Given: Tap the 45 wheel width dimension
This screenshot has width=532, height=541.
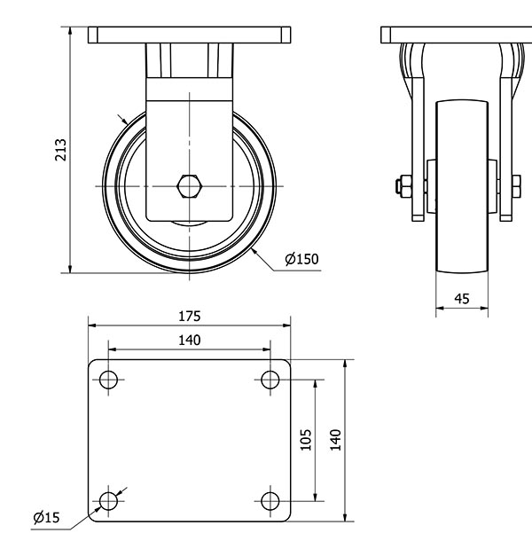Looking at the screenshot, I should tap(461, 299).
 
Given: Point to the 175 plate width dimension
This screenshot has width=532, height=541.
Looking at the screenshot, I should tap(190, 316).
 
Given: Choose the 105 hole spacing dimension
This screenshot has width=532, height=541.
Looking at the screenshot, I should tap(306, 440).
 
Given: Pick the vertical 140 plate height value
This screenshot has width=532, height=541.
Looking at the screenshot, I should tap(335, 440).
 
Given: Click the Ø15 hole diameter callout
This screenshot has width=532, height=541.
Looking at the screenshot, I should tap(46, 517).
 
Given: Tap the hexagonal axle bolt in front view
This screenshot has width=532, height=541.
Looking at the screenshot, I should tap(190, 186).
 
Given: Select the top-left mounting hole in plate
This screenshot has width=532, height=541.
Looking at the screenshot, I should tap(108, 380).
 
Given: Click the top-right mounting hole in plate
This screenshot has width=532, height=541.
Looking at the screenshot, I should tap(270, 380).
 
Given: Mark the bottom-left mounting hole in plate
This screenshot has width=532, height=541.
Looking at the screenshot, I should tap(108, 501).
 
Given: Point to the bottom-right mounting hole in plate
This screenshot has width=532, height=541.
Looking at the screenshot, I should tap(270, 501).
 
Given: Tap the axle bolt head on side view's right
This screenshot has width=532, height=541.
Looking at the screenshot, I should tap(515, 186).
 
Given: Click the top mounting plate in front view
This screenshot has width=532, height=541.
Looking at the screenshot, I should tap(190, 35).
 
